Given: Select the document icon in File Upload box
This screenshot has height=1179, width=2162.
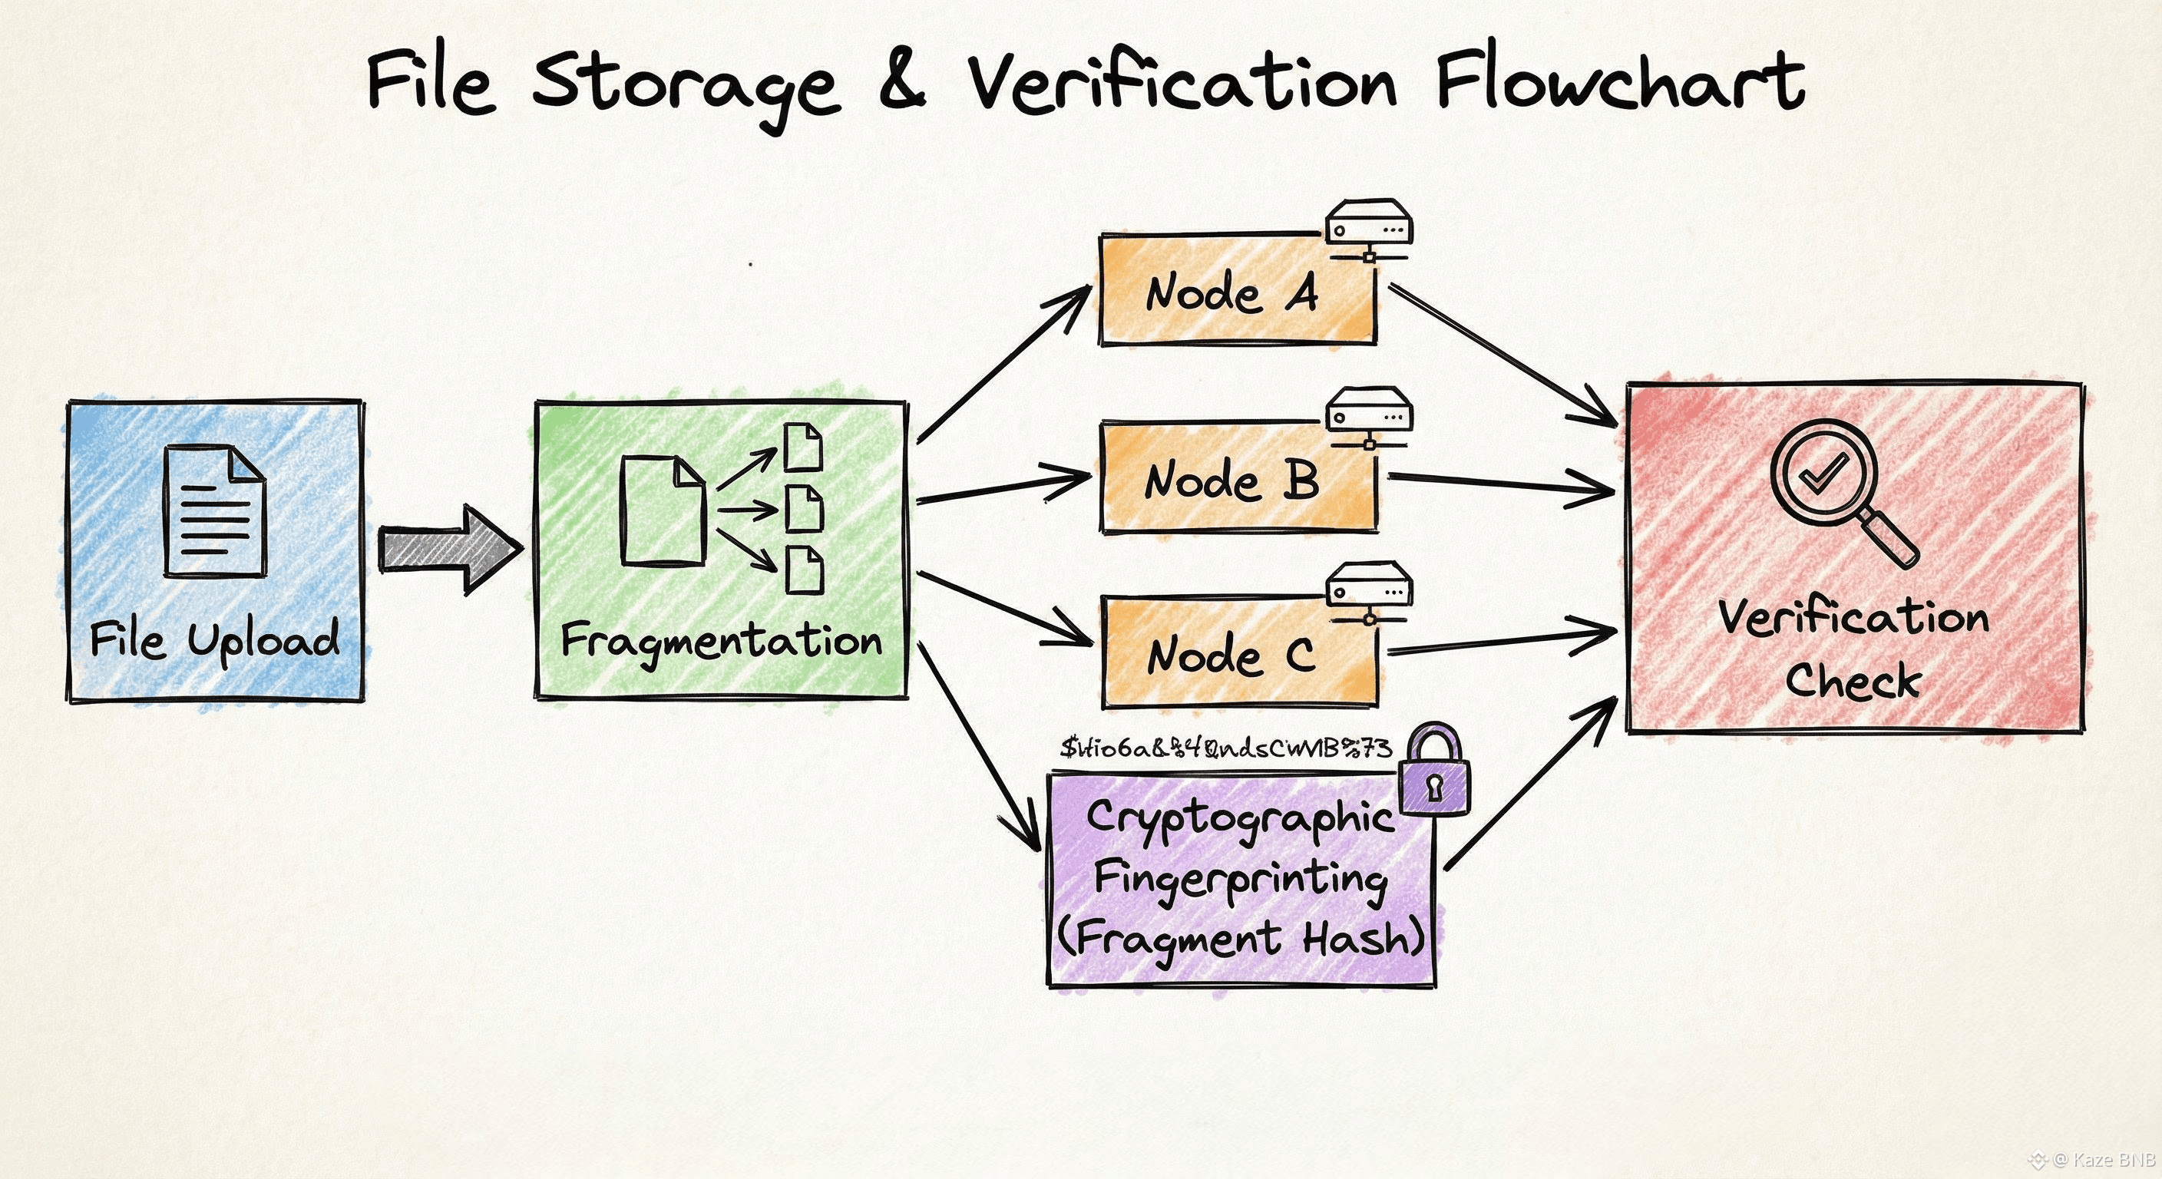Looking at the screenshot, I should pos(215,512).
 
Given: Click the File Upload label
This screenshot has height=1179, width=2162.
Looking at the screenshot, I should pos(215,639).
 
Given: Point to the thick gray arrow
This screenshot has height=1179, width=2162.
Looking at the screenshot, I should pos(449,550).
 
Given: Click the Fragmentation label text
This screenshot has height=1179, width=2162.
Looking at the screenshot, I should pos(721,642).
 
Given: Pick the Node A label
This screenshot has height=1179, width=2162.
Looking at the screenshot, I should pos(1231,293).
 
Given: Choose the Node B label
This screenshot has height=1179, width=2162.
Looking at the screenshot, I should pos(1231,480).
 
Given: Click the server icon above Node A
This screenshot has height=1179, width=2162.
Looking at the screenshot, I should pos(1369,227).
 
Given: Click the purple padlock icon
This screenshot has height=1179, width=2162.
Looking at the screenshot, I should pos(1434,772).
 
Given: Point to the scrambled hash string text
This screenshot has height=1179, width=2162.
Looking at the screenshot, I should pos(1225,747).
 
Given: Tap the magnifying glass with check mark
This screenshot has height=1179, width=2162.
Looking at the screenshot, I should pos(1838,487).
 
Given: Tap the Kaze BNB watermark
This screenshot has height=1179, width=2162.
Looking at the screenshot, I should pos(2102,1161).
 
